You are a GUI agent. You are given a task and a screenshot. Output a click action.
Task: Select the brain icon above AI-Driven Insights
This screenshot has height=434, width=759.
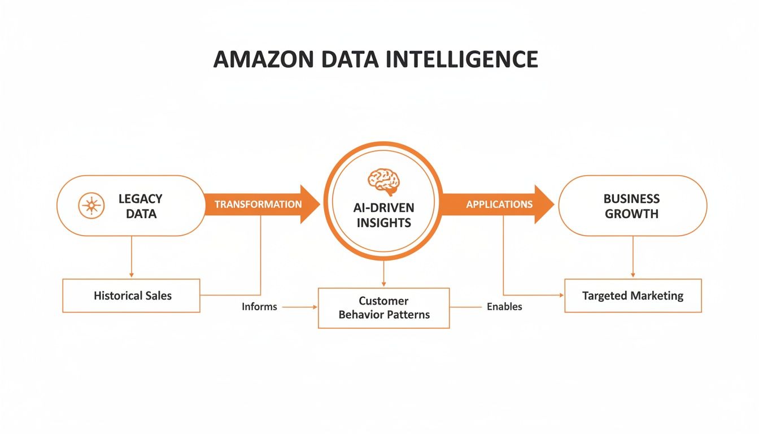point(383,180)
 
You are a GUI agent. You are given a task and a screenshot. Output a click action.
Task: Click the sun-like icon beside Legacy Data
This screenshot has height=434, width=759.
point(90,206)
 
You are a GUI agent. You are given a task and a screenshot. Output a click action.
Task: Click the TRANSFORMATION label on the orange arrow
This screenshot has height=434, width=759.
point(258,204)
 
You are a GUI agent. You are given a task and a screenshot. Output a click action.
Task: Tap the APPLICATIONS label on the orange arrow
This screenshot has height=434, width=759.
point(499,204)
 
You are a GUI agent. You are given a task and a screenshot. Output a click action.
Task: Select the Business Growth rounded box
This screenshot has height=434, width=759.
point(632,206)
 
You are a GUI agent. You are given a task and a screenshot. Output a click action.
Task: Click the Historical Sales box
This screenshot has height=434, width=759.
point(131,296)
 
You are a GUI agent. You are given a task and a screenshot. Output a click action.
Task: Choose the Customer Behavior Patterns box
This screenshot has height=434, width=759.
point(384,308)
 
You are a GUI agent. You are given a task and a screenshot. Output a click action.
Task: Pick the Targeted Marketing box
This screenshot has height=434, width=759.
point(632,296)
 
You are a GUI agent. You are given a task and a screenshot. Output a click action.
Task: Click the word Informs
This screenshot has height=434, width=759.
point(259,307)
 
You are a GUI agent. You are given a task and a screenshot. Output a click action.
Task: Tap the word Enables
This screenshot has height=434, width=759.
point(504,307)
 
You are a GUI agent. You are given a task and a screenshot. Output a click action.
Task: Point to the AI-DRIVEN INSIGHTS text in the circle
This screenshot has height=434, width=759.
point(383,215)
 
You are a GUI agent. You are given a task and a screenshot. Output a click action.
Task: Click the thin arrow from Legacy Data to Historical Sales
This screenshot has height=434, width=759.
point(131,257)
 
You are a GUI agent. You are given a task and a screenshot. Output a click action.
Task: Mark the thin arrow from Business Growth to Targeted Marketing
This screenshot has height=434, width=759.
point(632,257)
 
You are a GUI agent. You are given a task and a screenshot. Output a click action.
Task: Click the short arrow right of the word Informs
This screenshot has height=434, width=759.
point(299,307)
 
